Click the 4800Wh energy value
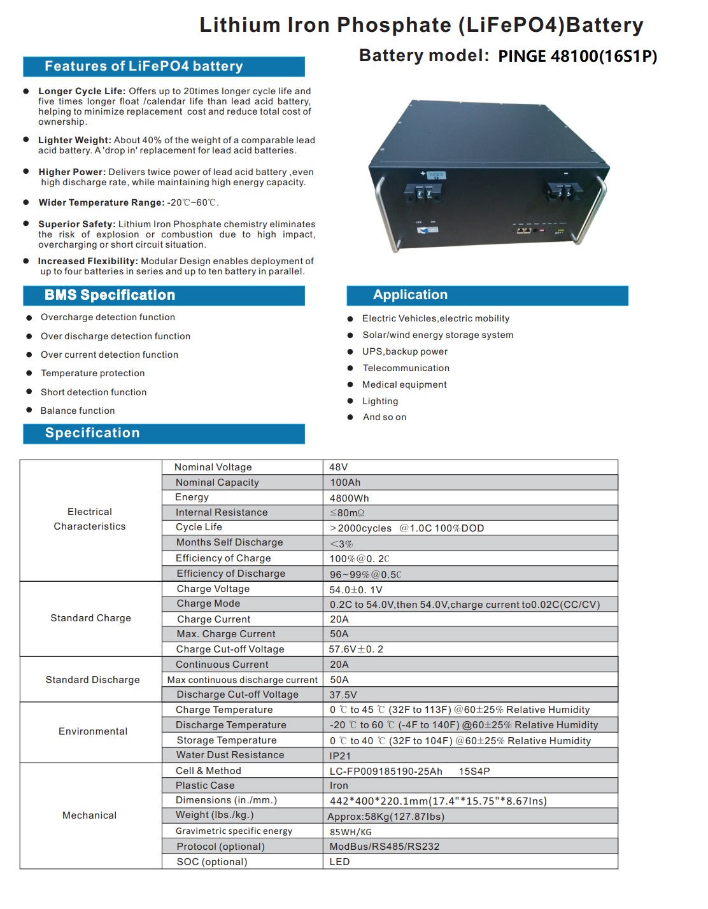(x=349, y=498)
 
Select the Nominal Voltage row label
(x=213, y=467)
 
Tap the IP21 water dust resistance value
(x=340, y=756)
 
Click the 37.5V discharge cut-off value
(x=343, y=695)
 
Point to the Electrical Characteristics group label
(x=90, y=519)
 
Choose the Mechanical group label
(x=90, y=815)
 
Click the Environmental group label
(x=93, y=731)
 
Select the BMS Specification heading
(x=110, y=295)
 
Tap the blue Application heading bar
(x=487, y=295)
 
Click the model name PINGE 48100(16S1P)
(x=577, y=57)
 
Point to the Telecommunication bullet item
(x=406, y=368)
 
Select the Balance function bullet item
(x=78, y=411)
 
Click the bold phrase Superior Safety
(x=76, y=224)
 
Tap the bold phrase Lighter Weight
(x=74, y=140)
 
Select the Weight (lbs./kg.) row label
(x=215, y=815)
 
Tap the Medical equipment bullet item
(x=404, y=384)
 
